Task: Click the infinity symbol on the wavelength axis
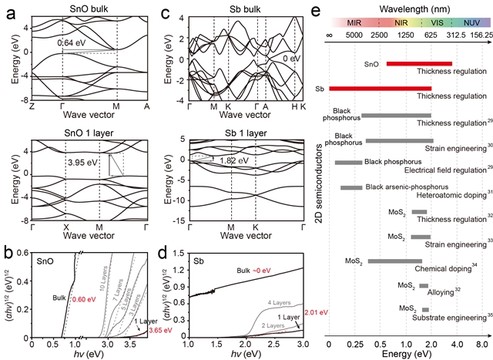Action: point(329,35)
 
